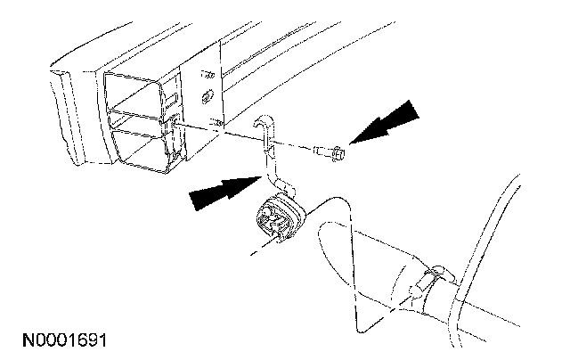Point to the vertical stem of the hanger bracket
(267, 161)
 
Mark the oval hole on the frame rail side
(208, 94)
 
